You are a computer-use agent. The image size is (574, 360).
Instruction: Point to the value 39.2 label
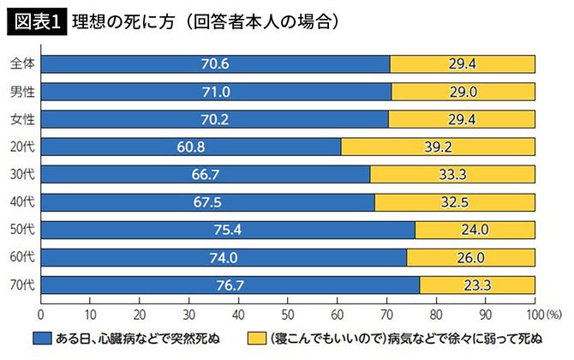click(438, 147)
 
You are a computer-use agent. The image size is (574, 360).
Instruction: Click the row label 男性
click(22, 92)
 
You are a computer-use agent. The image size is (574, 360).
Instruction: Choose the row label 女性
click(22, 119)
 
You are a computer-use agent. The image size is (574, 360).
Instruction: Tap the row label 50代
click(22, 230)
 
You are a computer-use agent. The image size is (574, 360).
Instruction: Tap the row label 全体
click(22, 64)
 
